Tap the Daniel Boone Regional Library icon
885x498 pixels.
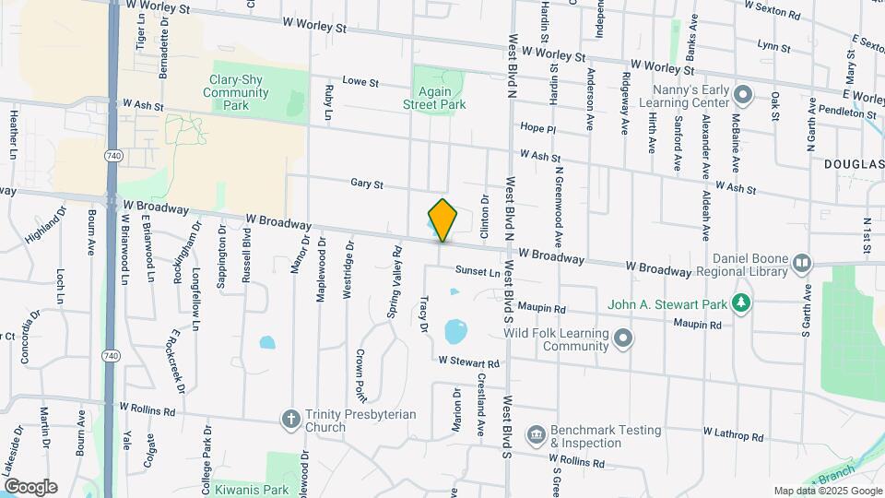pos(801,264)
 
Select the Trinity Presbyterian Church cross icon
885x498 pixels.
pos(291,420)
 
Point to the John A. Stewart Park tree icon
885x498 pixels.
pos(740,303)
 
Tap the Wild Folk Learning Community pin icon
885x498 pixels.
pos(624,339)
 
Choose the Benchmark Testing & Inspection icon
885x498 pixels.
pos(536,434)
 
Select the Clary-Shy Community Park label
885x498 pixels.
pos(236,92)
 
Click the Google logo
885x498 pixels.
pos(29,487)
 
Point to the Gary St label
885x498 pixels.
pos(366,184)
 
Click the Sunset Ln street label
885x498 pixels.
pos(478,272)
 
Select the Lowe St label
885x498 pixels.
pos(360,82)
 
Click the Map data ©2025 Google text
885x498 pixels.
pos(827,491)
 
